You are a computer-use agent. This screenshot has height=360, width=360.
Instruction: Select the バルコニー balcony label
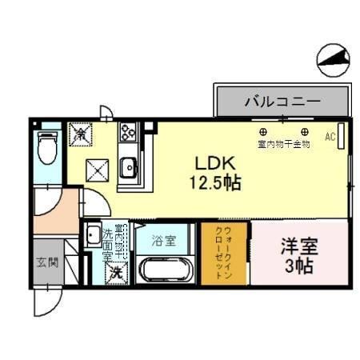(x=282, y=102)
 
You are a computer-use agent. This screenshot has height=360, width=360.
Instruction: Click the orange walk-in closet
(x=224, y=253)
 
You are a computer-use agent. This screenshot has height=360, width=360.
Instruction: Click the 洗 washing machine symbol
(x=116, y=271)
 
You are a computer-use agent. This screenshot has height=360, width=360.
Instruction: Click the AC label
(x=330, y=137)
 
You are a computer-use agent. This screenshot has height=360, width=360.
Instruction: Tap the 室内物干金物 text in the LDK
(x=284, y=145)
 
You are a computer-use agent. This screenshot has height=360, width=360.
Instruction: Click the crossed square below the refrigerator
(x=97, y=169)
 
